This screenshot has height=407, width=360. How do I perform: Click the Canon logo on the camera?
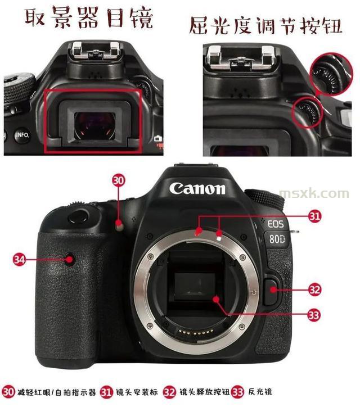(x=197, y=188)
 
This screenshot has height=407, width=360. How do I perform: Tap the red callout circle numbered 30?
(x=119, y=180)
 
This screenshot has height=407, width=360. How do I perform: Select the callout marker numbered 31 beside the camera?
(x=314, y=216)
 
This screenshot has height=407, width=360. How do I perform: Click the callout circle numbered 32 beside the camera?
(x=314, y=290)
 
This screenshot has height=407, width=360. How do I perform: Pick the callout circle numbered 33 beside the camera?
(x=314, y=315)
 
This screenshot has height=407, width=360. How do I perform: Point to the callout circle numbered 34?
(x=19, y=259)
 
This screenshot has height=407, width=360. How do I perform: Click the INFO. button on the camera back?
(x=22, y=135)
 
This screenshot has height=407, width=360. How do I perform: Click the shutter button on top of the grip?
(x=79, y=216)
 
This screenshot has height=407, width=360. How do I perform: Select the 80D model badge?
(x=277, y=239)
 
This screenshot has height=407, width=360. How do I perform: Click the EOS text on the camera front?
(x=275, y=224)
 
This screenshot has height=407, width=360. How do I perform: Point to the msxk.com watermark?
(x=314, y=193)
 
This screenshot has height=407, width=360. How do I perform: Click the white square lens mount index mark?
(x=219, y=237)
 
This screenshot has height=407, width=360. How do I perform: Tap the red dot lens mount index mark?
(x=199, y=230)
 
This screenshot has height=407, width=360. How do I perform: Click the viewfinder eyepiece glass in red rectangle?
(x=95, y=126)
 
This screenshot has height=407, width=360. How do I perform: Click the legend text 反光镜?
(x=260, y=391)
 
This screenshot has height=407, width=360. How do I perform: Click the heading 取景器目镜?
(x=89, y=17)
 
